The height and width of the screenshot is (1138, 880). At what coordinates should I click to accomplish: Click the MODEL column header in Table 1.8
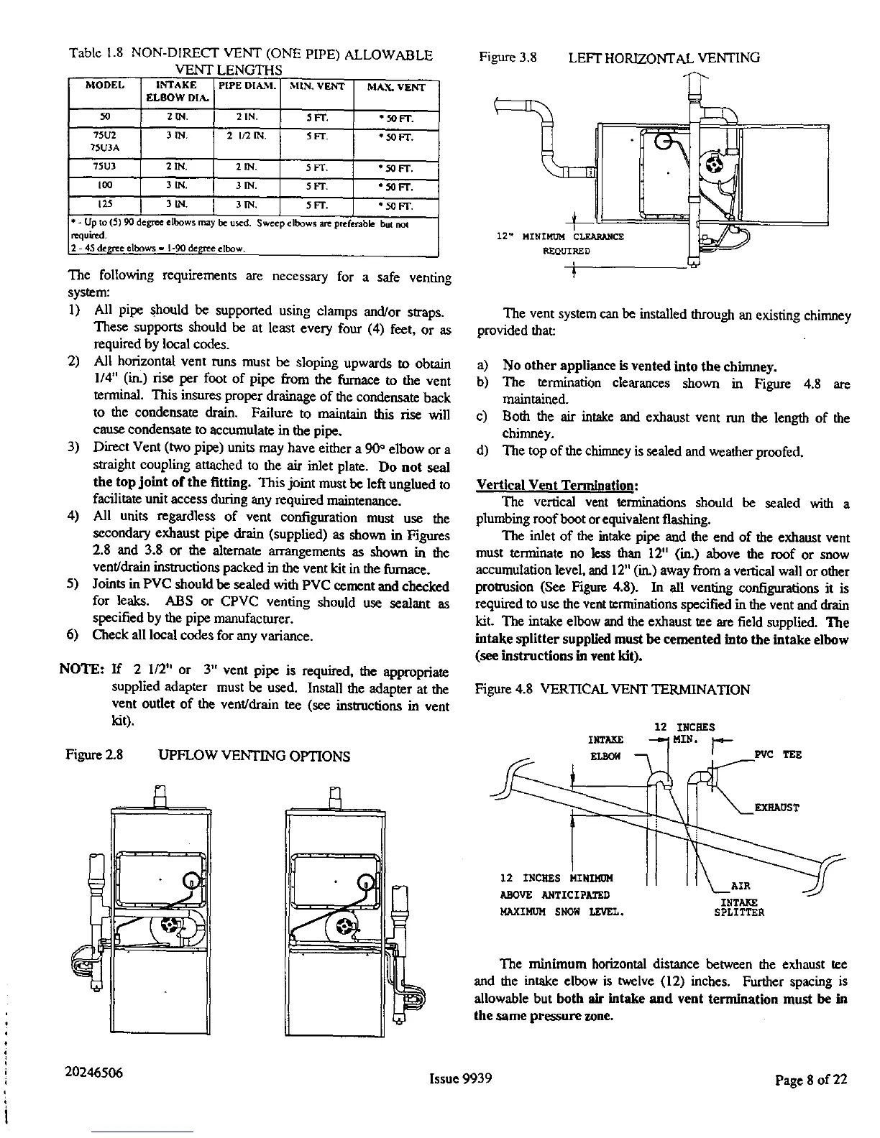[105, 86]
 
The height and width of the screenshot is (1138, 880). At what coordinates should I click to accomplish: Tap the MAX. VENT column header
[396, 88]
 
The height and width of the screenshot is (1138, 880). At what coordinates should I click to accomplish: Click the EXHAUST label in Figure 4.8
[777, 807]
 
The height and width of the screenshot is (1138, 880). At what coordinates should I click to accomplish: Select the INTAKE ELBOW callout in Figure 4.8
[605, 747]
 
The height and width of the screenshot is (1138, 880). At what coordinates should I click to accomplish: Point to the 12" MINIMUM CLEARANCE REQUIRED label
[560, 244]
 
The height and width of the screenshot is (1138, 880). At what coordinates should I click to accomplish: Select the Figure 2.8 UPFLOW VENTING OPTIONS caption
[208, 756]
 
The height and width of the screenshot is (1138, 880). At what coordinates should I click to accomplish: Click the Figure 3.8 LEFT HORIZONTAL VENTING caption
[619, 57]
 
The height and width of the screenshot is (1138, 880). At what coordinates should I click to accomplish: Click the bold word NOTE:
[82, 672]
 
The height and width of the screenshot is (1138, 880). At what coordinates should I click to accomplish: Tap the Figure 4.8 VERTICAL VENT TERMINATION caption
[613, 690]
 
